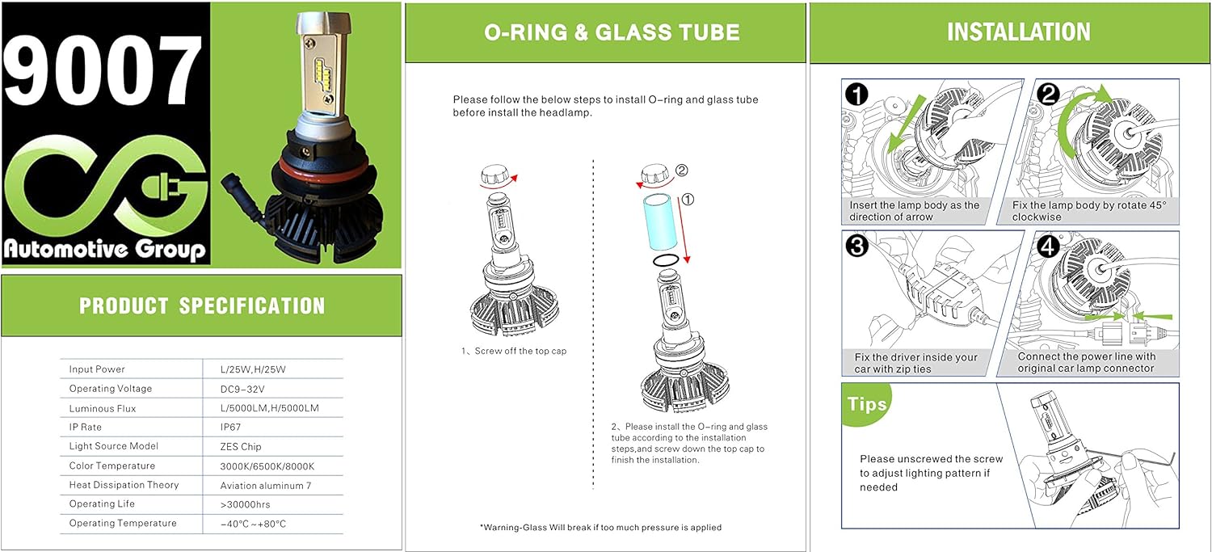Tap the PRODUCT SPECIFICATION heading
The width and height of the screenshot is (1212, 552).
coord(202,305)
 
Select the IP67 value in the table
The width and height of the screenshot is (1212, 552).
coord(232,427)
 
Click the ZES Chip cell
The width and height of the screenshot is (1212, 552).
coord(241,446)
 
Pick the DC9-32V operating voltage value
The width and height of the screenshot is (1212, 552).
coord(243,389)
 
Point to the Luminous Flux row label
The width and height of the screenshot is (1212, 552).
coord(103,408)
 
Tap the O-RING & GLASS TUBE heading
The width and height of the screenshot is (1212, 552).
coord(612,32)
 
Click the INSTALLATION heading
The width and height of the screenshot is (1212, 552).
coord(1018,32)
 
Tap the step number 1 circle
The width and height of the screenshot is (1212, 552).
coord(856,95)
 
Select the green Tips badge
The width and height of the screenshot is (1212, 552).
coord(868,404)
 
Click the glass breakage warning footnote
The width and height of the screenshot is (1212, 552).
coord(600,527)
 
